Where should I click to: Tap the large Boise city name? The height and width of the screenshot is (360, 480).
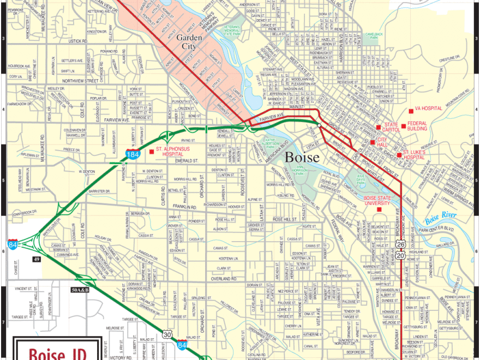click(x=302, y=157)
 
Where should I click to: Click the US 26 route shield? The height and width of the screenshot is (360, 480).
click(x=401, y=245)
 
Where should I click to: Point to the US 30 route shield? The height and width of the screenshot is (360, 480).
click(x=167, y=334)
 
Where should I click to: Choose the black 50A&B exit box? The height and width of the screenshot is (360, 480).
click(x=80, y=290)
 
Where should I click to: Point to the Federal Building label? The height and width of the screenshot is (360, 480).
click(x=418, y=127)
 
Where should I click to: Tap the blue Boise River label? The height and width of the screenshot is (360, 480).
click(x=441, y=215)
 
